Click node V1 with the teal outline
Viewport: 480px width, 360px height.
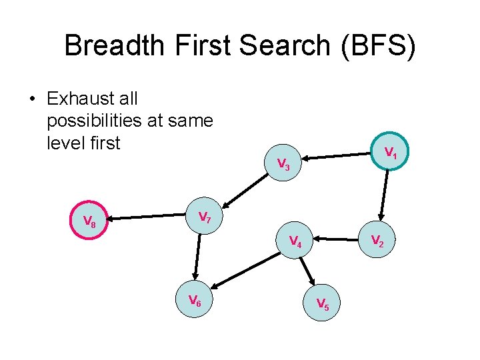391,154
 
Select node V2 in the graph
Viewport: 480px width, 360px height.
377,240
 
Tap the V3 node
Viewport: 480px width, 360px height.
283,164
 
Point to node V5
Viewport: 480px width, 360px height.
322,304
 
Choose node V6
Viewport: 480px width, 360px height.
194,301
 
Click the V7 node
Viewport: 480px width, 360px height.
205,217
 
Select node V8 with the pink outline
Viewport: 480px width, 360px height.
89,221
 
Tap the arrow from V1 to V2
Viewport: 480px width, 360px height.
385,195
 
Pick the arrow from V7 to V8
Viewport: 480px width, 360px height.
147,217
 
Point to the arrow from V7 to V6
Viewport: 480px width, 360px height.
198,257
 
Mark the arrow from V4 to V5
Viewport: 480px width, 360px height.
309,272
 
